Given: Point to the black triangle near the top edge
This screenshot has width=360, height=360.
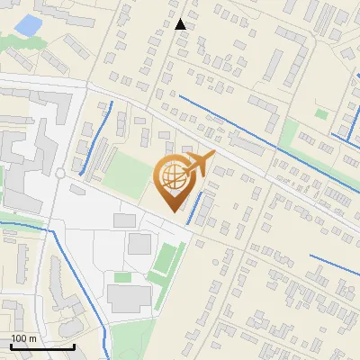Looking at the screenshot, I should (181, 24).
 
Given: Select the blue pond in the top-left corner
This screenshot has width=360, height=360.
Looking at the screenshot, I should (29, 25).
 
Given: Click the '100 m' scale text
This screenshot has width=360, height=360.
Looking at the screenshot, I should (23, 338).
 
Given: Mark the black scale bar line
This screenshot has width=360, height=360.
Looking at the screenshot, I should (42, 346).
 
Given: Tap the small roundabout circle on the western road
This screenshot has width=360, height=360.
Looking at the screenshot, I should (59, 172).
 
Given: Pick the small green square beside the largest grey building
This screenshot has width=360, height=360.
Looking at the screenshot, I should (121, 277).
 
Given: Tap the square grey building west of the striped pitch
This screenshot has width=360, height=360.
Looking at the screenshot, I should (139, 243).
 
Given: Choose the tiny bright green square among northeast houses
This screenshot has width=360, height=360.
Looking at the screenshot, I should (321, 113).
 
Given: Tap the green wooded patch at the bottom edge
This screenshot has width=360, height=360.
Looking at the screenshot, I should (135, 342).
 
